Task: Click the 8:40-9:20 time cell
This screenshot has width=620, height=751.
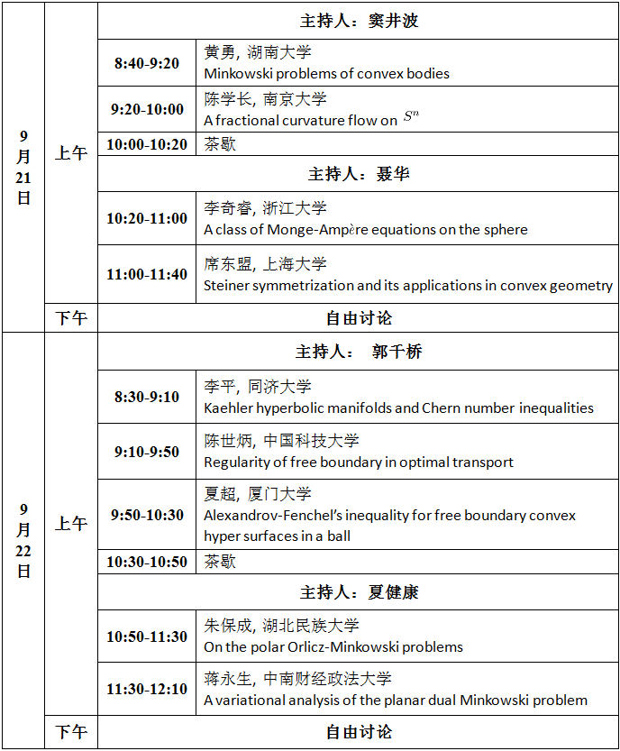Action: tap(147, 64)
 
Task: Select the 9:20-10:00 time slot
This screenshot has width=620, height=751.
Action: tap(147, 110)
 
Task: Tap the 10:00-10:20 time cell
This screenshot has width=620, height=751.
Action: tap(147, 144)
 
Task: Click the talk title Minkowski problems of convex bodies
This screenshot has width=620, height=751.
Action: tap(326, 74)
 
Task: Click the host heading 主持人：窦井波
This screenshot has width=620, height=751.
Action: tap(359, 21)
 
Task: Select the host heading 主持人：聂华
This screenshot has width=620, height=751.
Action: tap(359, 174)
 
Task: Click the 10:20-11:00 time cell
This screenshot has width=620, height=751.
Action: tap(147, 218)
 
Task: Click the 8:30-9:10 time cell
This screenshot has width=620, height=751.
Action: tap(147, 397)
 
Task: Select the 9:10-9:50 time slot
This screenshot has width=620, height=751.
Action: tap(147, 452)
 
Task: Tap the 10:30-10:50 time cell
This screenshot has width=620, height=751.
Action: tap(147, 562)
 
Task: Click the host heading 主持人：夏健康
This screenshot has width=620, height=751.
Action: tap(359, 593)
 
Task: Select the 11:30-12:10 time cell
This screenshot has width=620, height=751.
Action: tap(147, 690)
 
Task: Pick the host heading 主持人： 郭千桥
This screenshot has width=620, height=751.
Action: tap(359, 352)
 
